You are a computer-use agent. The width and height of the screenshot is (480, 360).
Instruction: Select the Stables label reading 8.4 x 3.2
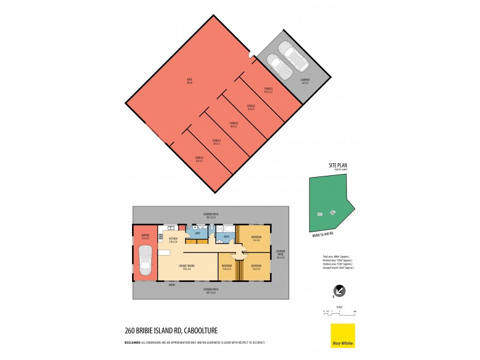tap(268, 90)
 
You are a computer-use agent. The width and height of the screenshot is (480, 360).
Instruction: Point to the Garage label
tap(145, 237)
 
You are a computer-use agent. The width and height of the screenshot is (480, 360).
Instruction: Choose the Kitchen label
tap(173, 240)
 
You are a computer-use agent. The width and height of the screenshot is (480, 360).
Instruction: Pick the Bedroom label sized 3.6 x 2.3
tap(227, 267)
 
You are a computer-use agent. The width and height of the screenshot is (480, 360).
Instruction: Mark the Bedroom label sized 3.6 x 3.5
tap(256, 267)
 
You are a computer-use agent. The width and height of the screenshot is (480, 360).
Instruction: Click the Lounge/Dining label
tap(187, 267)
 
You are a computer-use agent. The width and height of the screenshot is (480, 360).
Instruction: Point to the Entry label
tap(172, 286)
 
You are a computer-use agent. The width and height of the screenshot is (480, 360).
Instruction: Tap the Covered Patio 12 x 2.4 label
tap(281, 255)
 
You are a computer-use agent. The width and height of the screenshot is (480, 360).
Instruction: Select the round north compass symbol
tap(339, 290)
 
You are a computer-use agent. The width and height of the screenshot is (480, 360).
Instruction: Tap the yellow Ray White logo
tap(343, 336)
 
